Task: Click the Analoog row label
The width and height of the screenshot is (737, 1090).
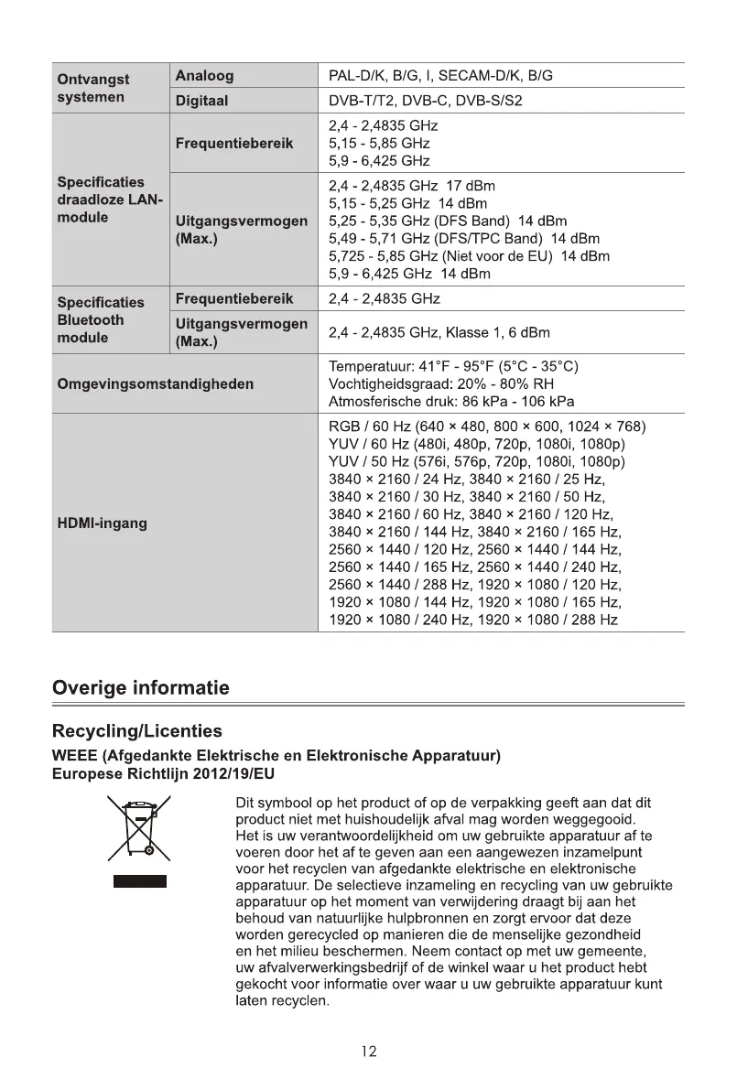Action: (204, 76)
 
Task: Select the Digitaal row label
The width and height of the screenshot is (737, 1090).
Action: (201, 101)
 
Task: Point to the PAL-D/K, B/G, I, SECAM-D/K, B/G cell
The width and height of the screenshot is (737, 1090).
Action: (440, 76)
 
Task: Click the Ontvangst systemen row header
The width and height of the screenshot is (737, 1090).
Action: (93, 88)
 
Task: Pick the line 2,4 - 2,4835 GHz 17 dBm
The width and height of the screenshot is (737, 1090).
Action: (412, 186)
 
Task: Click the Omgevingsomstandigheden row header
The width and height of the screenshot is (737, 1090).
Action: (155, 384)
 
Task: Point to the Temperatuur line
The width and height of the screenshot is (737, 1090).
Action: (453, 367)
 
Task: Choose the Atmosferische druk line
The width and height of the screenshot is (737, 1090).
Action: (451, 402)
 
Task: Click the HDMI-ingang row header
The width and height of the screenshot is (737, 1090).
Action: (102, 523)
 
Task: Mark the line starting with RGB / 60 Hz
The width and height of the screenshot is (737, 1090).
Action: (487, 427)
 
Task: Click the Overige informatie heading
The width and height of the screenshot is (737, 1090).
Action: (141, 687)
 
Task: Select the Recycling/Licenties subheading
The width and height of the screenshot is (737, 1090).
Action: (136, 730)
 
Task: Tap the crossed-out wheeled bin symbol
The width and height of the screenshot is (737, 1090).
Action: (140, 828)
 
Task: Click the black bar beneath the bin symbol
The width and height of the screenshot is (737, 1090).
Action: (140, 881)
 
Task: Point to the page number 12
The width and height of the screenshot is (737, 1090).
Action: (368, 1052)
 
